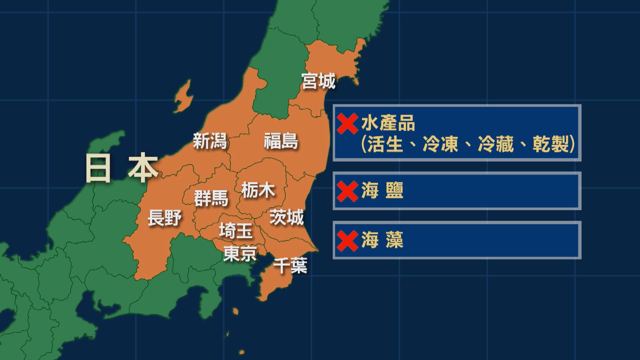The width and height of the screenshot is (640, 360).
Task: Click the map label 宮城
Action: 318,81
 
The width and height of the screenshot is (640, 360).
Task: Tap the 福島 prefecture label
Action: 281,141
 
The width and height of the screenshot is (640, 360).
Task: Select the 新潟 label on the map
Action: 210,141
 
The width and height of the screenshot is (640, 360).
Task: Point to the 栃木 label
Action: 258,190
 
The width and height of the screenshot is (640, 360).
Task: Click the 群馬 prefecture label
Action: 211,198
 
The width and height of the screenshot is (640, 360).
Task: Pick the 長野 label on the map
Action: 165,218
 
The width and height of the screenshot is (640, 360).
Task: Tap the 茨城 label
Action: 287,217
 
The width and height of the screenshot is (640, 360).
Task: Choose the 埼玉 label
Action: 236,231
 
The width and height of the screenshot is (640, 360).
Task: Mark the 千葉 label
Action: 290,266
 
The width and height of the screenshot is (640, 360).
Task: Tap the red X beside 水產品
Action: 347,124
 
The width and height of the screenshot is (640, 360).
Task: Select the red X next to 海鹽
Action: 347,191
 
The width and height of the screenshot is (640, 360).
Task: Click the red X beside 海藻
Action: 347,241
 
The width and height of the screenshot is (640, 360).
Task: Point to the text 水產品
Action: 388,124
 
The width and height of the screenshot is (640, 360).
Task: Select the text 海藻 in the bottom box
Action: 382,240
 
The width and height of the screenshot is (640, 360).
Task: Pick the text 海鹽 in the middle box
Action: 382,191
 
